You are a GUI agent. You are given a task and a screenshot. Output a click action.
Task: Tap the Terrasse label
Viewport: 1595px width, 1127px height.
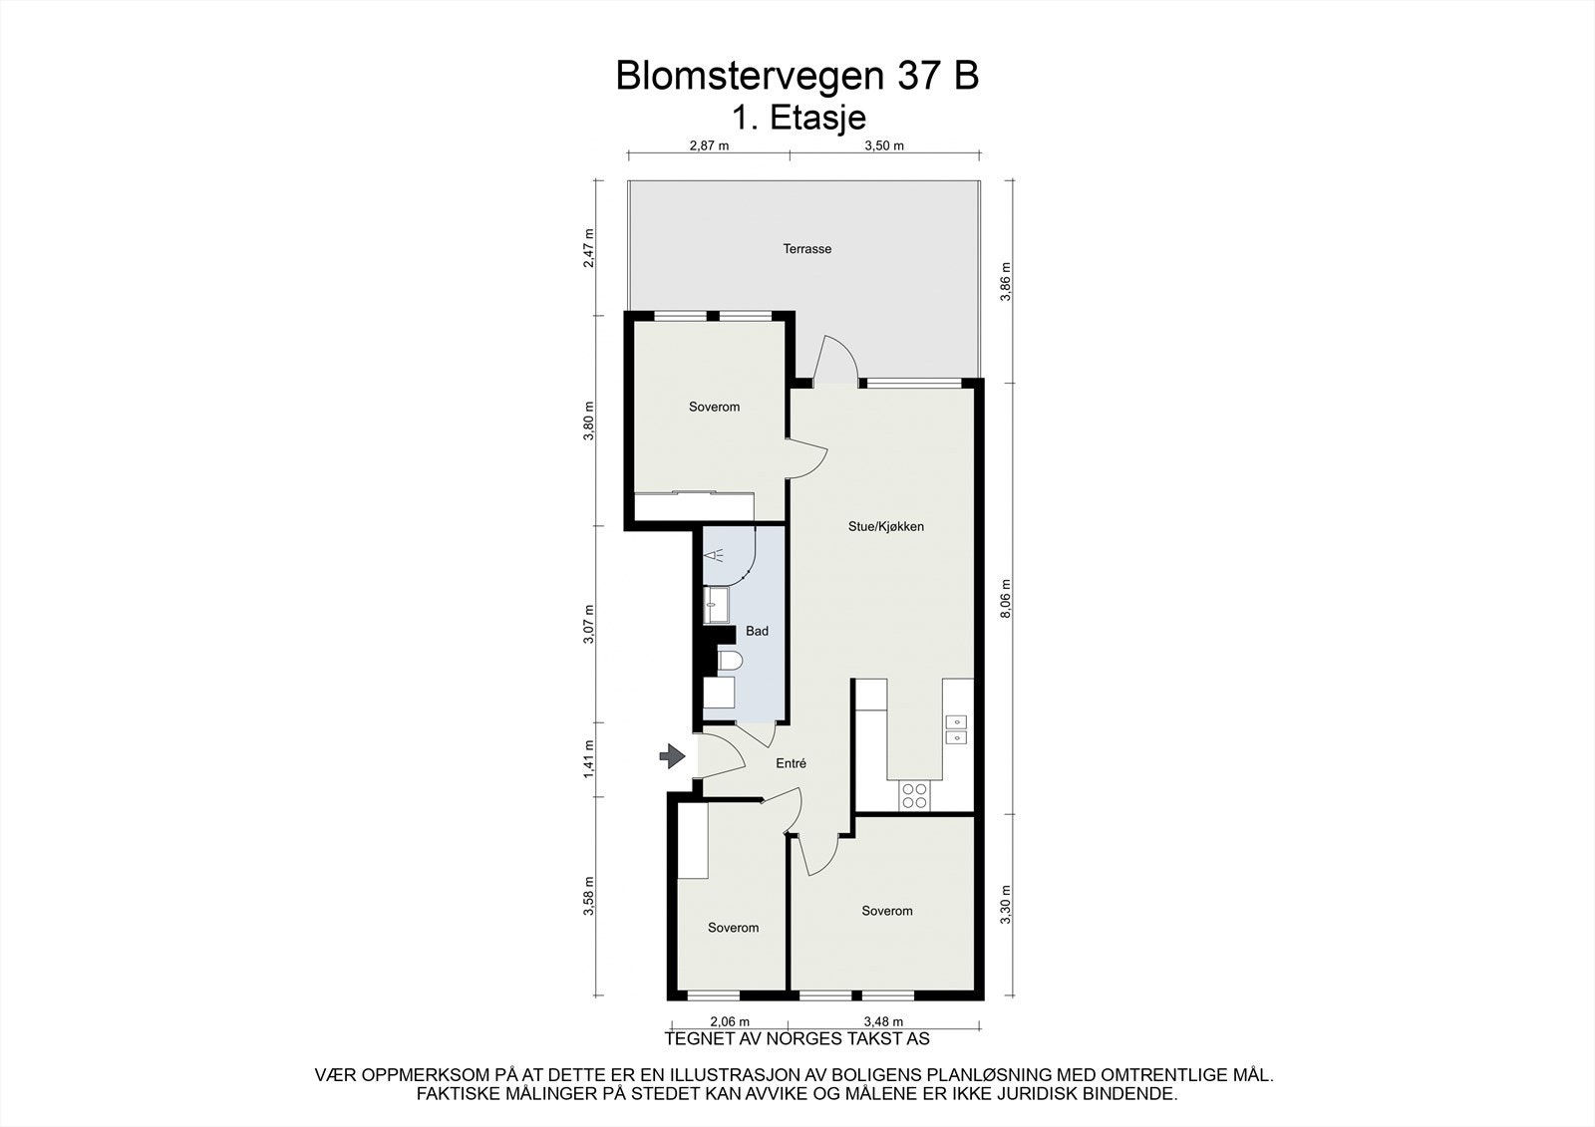(806, 249)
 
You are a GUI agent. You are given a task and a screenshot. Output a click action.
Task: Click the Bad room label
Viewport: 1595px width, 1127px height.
(757, 631)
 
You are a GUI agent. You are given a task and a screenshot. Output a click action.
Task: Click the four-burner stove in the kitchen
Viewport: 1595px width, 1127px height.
(914, 794)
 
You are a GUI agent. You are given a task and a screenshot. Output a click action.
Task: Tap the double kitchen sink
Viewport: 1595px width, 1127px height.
(956, 728)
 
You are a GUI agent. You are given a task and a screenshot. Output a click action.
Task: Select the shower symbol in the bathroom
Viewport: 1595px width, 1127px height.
(714, 556)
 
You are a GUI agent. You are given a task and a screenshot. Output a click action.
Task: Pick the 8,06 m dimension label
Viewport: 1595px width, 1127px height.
(1005, 600)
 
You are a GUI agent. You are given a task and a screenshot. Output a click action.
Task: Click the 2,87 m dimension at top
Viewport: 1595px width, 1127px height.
(709, 145)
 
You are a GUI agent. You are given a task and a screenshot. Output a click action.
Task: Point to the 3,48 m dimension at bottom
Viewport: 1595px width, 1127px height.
(883, 1021)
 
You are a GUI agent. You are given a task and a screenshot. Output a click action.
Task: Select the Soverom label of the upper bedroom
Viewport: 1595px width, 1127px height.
(714, 407)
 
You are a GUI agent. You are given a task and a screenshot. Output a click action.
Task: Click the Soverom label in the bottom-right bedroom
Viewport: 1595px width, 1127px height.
(886, 911)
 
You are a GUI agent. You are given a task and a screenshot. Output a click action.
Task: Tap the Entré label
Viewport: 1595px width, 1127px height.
(791, 763)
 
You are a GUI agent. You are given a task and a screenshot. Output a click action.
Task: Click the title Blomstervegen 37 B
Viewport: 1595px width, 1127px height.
(797, 77)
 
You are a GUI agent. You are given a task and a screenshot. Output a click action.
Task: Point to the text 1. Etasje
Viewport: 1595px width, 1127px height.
(798, 118)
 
